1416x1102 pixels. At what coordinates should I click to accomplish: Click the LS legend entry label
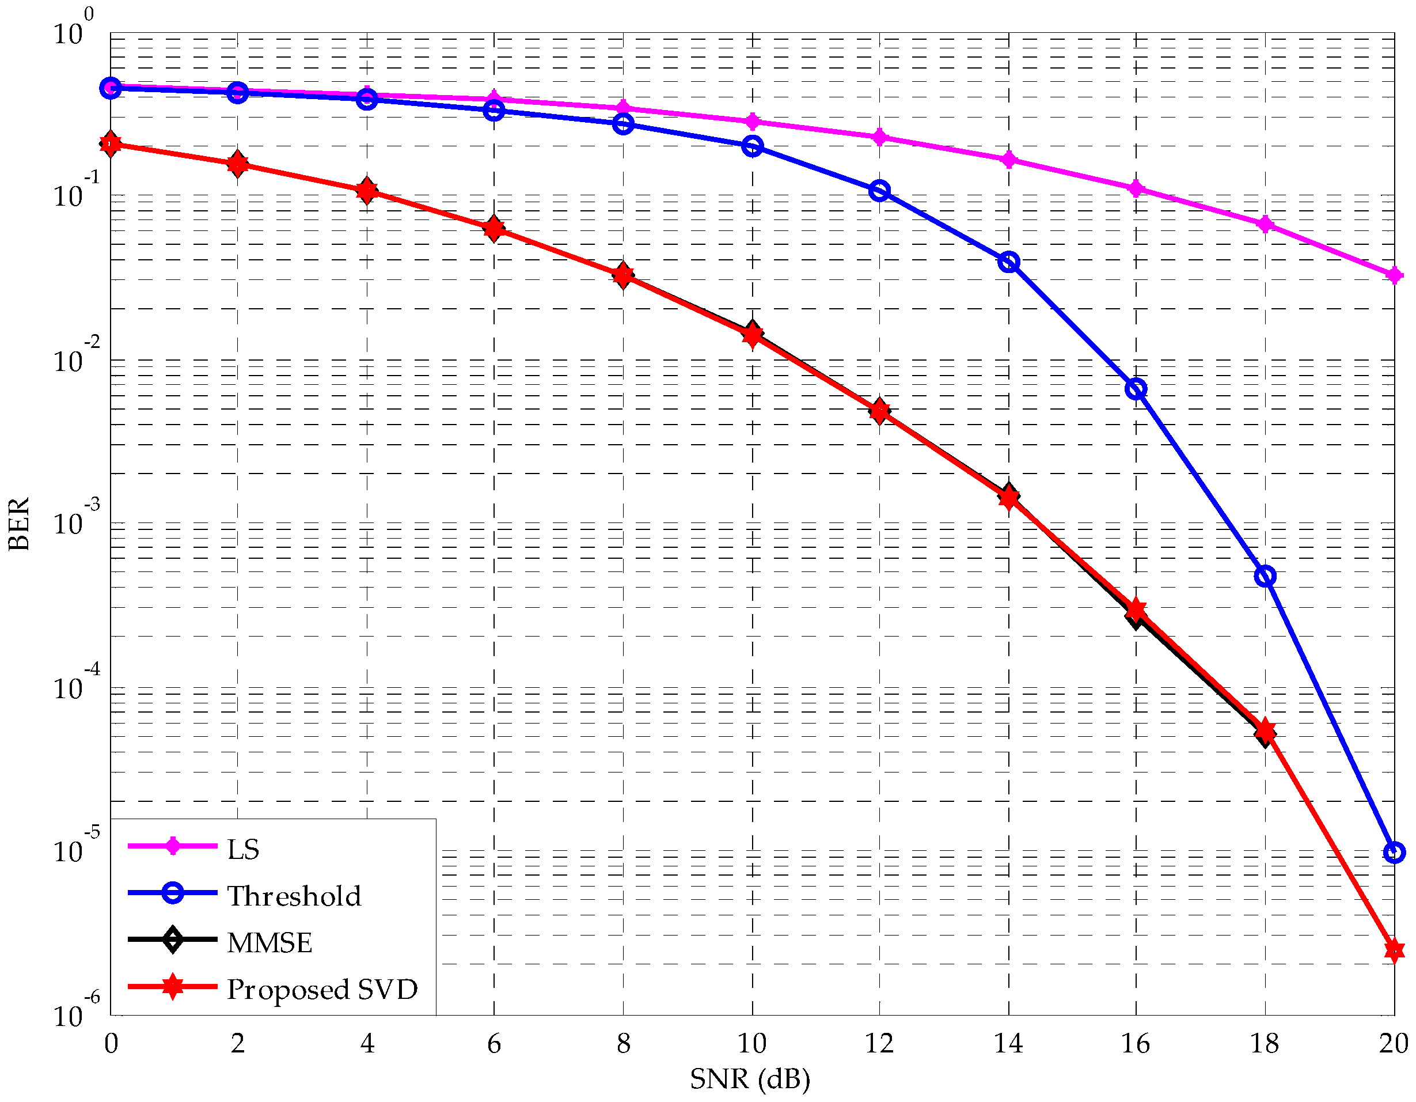pyautogui.click(x=243, y=849)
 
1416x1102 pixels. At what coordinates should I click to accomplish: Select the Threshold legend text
pyautogui.click(x=294, y=896)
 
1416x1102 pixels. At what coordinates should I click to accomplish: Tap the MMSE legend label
pyautogui.click(x=269, y=942)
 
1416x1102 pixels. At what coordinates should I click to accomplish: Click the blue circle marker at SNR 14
pyautogui.click(x=1009, y=262)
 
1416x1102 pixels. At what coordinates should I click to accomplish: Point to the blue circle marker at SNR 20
pyautogui.click(x=1394, y=853)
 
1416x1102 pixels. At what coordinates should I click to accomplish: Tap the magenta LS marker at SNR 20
pyautogui.click(x=1394, y=276)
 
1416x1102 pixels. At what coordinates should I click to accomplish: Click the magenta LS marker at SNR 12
pyautogui.click(x=880, y=137)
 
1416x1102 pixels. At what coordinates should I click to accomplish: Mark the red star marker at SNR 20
pyautogui.click(x=1394, y=951)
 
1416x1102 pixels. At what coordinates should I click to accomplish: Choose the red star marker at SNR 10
pyautogui.click(x=752, y=335)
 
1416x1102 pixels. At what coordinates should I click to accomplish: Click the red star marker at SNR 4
pyautogui.click(x=367, y=191)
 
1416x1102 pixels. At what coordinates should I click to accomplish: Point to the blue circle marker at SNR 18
pyautogui.click(x=1265, y=576)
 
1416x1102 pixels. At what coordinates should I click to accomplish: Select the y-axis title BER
pyautogui.click(x=20, y=524)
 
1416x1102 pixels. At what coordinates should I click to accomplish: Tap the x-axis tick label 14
pyautogui.click(x=1008, y=1044)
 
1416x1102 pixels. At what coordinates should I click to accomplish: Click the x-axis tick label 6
pyautogui.click(x=494, y=1044)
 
